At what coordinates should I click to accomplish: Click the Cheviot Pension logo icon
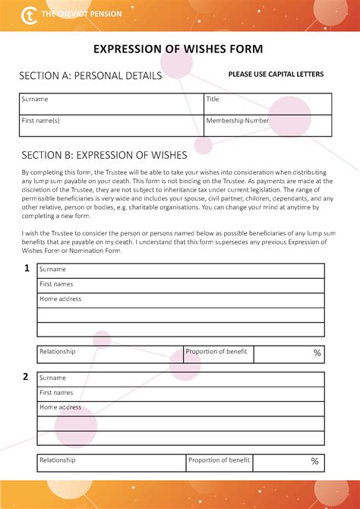30,14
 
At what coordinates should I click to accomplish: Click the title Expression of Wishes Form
178,49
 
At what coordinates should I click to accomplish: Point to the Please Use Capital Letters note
276,74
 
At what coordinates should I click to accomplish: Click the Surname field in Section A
112,103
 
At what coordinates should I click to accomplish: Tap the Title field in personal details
267,103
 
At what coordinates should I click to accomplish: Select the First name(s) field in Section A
112,125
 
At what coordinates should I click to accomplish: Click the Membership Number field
267,125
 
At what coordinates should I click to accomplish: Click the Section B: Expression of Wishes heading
105,155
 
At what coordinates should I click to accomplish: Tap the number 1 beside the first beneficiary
27,268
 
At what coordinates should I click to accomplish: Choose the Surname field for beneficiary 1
181,270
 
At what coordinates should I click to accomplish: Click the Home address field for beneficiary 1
181,300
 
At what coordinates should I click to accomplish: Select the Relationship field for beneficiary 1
110,353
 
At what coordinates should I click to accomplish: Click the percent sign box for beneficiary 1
289,353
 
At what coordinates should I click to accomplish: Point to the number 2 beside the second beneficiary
26,377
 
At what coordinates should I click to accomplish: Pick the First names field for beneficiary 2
181,394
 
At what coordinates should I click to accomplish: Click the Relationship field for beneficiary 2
111,461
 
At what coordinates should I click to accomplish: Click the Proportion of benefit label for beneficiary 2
219,460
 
